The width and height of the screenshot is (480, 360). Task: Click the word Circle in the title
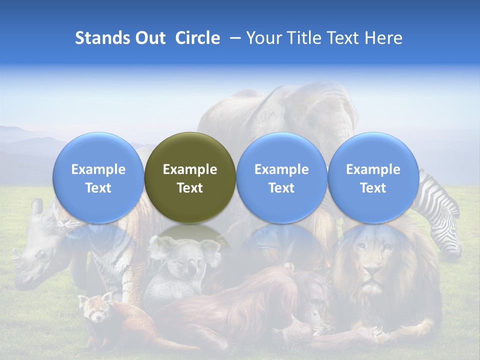pos(197,38)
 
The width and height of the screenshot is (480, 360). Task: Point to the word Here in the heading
pos(383,38)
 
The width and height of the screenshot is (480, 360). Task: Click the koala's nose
pos(191,270)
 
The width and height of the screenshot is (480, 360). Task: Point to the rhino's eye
pos(41,255)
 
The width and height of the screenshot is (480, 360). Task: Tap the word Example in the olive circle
pos(190,169)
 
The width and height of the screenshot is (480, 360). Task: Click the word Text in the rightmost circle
pos(373,188)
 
